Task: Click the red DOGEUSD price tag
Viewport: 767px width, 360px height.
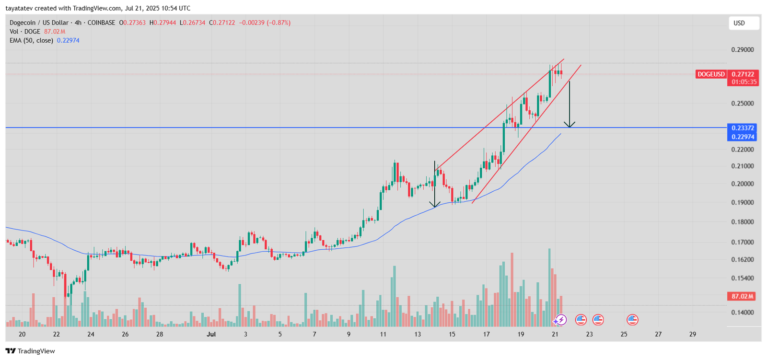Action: (711, 74)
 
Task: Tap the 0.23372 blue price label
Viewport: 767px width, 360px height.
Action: (743, 128)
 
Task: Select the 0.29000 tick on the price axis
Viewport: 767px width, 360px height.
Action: (742, 50)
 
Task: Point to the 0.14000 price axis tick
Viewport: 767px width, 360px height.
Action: (742, 313)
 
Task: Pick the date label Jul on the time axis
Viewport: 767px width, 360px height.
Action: (211, 334)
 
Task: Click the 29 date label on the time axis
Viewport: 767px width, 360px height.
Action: (692, 334)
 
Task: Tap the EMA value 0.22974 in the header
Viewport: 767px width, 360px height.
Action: (68, 41)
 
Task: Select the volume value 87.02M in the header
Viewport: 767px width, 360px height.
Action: (54, 32)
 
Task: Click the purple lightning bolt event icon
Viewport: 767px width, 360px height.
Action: (561, 320)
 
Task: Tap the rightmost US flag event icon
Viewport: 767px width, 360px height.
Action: (632, 319)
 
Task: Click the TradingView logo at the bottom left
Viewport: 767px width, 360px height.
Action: (31, 351)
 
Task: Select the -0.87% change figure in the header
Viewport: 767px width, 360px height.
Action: (279, 23)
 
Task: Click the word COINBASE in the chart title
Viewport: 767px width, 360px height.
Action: (101, 23)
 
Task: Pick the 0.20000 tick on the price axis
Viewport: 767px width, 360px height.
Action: (742, 184)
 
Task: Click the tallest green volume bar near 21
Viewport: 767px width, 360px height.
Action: (549, 288)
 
